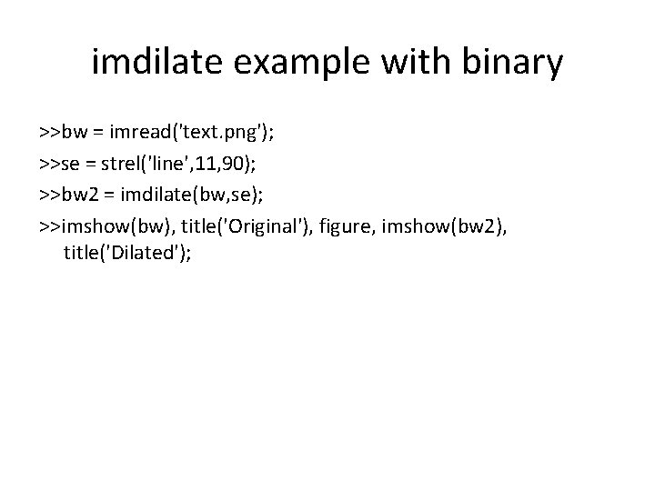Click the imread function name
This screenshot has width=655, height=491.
(x=143, y=134)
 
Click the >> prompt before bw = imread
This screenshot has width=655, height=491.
(x=50, y=134)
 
